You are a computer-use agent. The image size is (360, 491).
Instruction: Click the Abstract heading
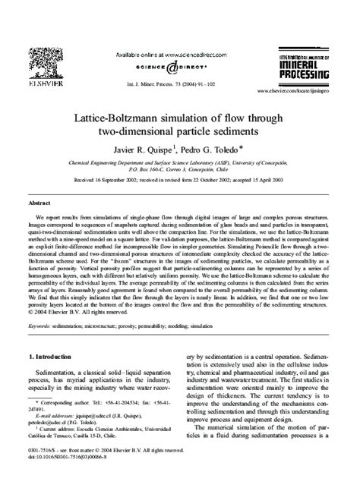39,203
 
